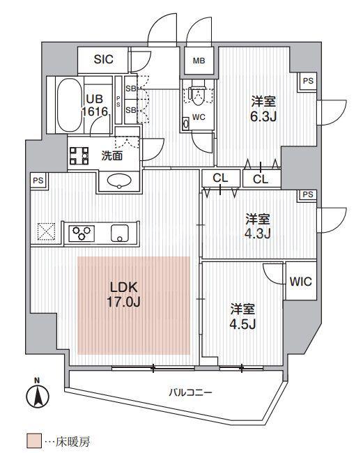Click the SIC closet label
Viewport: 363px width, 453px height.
(103, 59)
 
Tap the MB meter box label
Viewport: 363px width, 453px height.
(199, 61)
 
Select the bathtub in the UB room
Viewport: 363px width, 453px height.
(69, 105)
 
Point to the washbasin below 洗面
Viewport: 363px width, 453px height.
(119, 181)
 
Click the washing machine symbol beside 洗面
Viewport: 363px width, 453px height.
(79, 155)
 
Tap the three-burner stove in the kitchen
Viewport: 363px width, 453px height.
(82, 233)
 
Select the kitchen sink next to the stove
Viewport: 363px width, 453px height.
(120, 233)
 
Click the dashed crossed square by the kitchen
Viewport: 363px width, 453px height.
(46, 231)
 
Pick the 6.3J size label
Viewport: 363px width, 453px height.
(263, 116)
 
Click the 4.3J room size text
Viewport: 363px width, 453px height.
(257, 233)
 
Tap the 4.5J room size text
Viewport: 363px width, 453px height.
(242, 324)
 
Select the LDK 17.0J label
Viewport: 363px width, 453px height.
(123, 295)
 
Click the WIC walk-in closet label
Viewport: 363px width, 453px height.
(300, 281)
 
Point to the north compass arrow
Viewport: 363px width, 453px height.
(38, 396)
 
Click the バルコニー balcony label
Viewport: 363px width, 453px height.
(191, 392)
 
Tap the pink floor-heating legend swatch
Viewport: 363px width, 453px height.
(34, 441)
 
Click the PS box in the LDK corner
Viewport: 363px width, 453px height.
(38, 181)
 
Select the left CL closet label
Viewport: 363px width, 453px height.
(220, 178)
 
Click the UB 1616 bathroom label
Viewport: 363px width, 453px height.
(95, 105)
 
